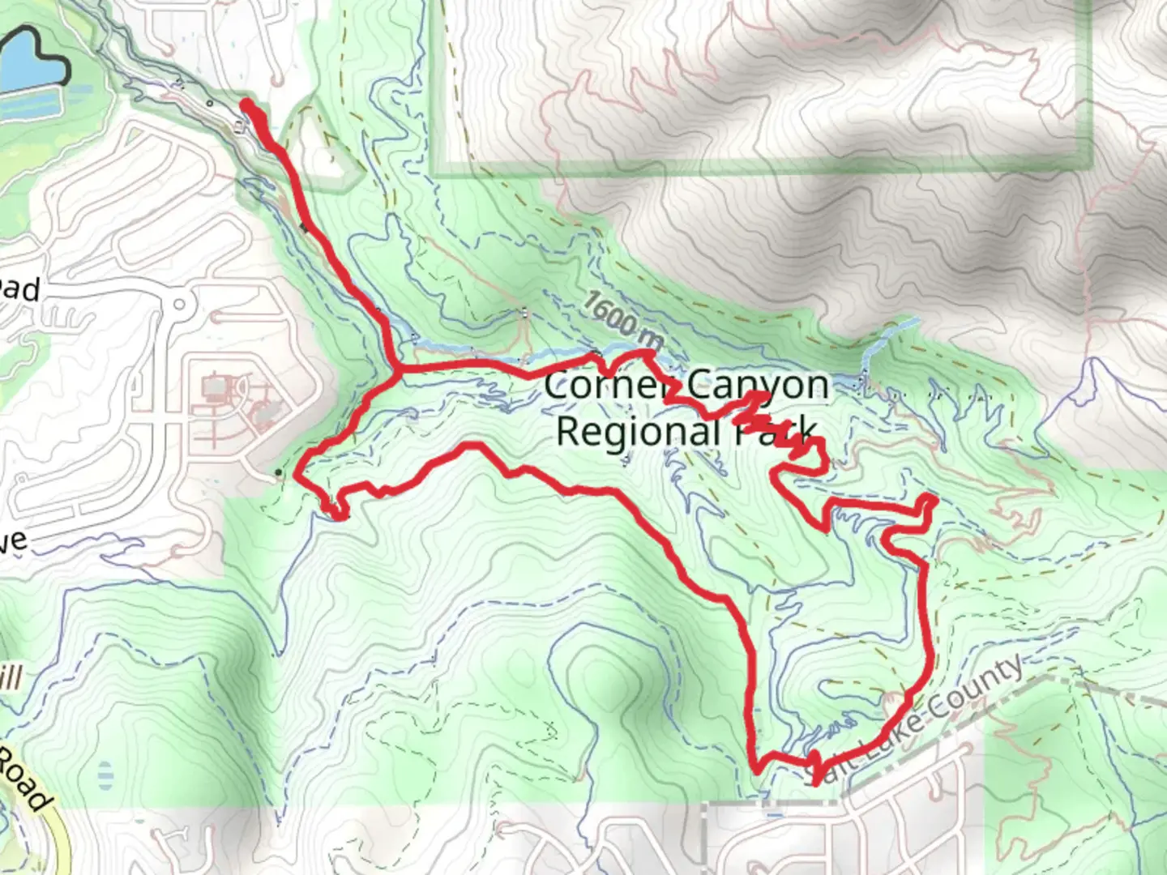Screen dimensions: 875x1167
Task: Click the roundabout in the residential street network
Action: coord(179,306)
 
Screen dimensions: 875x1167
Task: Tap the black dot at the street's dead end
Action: coord(279,472)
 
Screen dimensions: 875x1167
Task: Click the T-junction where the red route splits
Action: coord(395,370)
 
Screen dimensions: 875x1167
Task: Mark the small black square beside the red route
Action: coord(304,228)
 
